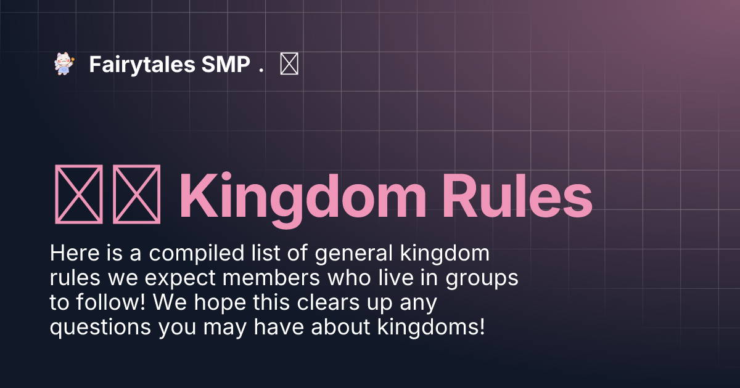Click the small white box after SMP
coord(289,65)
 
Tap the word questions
coord(101,327)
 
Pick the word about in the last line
coord(339,327)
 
